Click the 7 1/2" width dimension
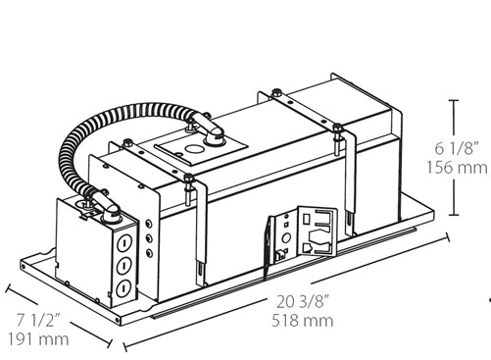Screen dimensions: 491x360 pyautogui.click(x=40, y=322)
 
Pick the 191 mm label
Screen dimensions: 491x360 pyautogui.click(x=40, y=339)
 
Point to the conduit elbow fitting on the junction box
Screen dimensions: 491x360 pyautogui.click(x=106, y=207)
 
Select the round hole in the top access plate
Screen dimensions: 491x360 pyautogui.click(x=191, y=151)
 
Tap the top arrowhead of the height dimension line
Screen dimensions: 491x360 pyautogui.click(x=453, y=100)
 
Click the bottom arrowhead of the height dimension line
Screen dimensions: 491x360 pyautogui.click(x=453, y=214)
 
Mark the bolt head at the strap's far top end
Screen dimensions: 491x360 pyautogui.click(x=338, y=127)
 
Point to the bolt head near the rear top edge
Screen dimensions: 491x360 pyautogui.click(x=277, y=94)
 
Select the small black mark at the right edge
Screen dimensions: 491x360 pyautogui.click(x=487, y=296)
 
